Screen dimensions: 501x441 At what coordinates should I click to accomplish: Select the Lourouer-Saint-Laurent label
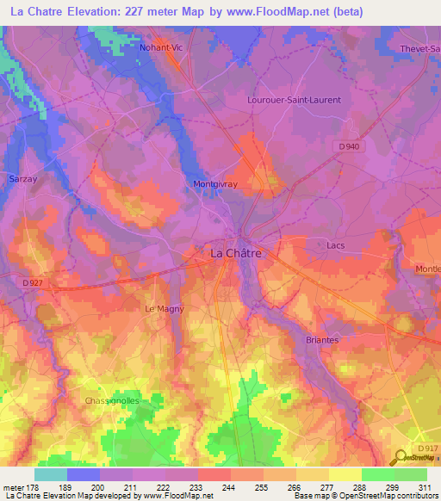(x=294, y=100)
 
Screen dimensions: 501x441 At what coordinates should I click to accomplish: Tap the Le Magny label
(x=165, y=308)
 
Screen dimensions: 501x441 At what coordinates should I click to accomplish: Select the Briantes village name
(x=322, y=340)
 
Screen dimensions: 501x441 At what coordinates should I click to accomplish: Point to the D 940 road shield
(x=348, y=147)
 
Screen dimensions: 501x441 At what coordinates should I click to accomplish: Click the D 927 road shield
(x=32, y=282)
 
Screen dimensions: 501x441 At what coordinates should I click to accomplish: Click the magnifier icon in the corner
(x=401, y=460)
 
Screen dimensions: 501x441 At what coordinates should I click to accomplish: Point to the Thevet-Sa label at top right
(x=420, y=49)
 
